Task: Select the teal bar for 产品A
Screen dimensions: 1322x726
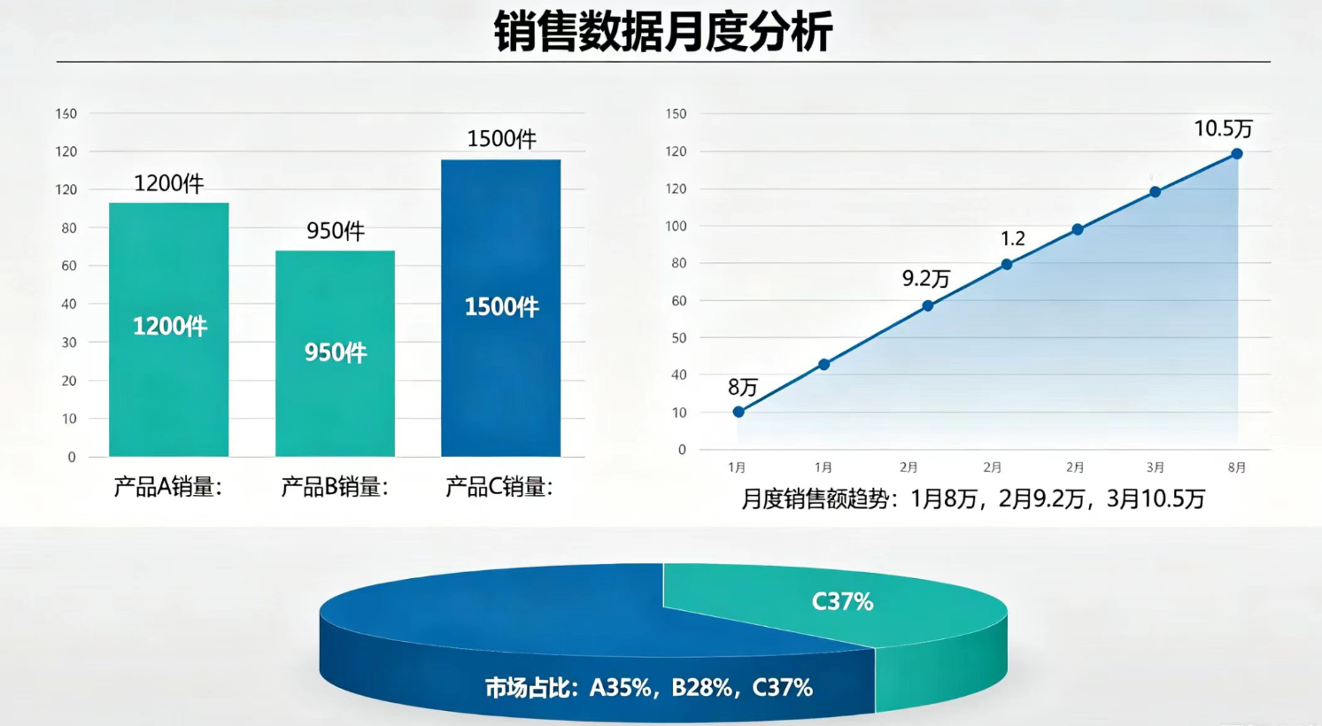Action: (x=169, y=329)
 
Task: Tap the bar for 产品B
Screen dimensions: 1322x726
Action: (x=336, y=353)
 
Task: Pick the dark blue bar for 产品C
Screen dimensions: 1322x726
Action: (x=501, y=307)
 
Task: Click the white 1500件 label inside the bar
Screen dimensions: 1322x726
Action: (x=502, y=307)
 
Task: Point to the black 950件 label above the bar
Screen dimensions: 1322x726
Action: (x=336, y=231)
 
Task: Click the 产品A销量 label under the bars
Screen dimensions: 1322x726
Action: (x=167, y=488)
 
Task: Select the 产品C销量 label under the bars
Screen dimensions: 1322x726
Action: (x=499, y=488)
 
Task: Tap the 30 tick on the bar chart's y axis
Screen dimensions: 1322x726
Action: (x=69, y=343)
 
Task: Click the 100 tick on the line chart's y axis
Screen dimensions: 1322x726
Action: (x=676, y=226)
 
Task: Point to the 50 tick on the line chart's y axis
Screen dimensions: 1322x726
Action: (x=678, y=337)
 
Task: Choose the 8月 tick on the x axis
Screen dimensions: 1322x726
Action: (x=1236, y=467)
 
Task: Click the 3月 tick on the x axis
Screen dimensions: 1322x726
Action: (x=1155, y=467)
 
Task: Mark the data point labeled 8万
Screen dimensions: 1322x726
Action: (x=738, y=412)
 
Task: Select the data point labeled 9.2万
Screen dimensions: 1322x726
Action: (x=928, y=305)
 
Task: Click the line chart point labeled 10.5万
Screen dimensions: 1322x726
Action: (x=1236, y=154)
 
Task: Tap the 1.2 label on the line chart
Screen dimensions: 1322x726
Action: (x=1013, y=238)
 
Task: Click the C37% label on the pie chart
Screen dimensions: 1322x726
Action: (x=842, y=602)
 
